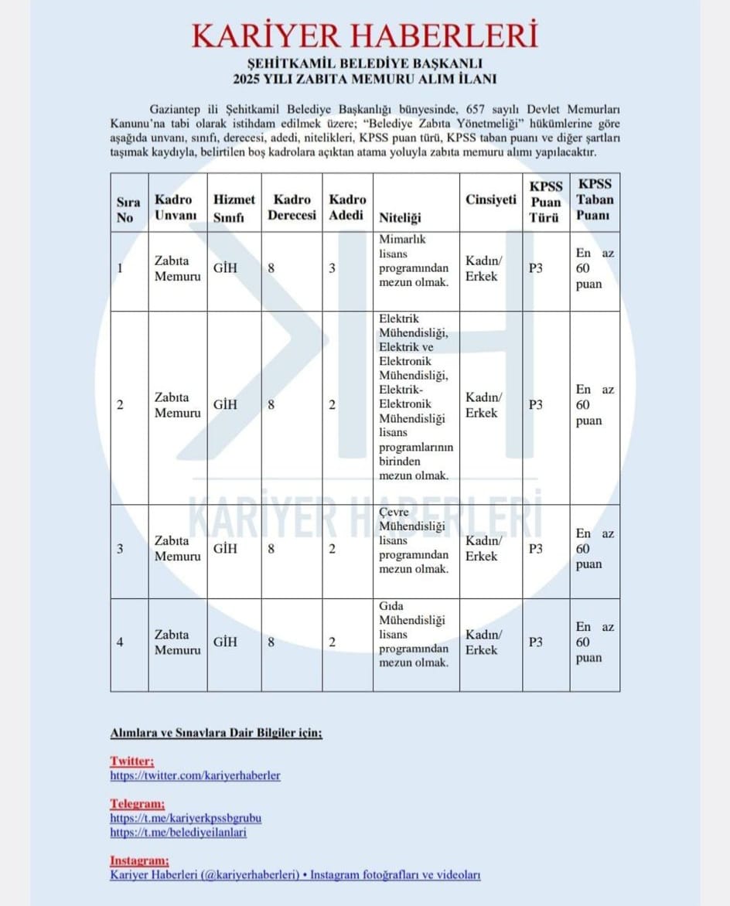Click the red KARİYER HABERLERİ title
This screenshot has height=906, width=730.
coord(364,36)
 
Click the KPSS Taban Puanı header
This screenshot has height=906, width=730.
coord(595,199)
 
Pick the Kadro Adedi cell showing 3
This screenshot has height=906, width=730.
coord(332,269)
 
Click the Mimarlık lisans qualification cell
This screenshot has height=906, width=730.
coord(414,261)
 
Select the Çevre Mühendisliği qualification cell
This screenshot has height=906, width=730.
coord(414,540)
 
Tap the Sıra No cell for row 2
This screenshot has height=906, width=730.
coord(121,405)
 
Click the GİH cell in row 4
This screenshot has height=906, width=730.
coord(225,642)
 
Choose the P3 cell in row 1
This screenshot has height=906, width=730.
coord(535,269)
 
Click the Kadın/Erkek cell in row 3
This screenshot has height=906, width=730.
coord(483,547)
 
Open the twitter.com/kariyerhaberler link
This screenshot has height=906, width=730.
coord(195,775)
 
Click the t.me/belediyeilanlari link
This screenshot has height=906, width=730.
coord(179,833)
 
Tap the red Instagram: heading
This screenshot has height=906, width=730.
coord(139,860)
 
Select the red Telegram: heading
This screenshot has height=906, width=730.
coord(137,803)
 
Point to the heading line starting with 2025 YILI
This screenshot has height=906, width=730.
coord(364,79)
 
